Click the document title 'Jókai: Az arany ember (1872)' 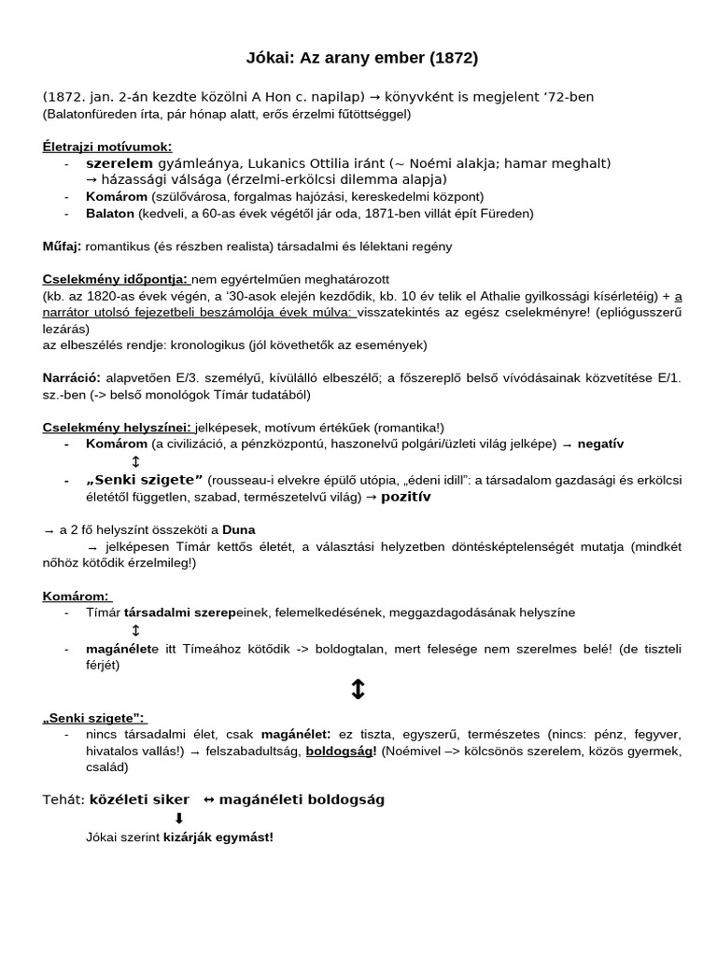(x=358, y=58)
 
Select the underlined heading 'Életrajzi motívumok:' (x=107, y=147)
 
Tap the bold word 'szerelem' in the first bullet (x=119, y=163)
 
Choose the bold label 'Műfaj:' (x=63, y=246)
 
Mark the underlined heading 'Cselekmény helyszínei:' (x=118, y=427)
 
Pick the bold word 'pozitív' (x=405, y=497)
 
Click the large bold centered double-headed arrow (x=358, y=690)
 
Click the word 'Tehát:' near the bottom (x=63, y=799)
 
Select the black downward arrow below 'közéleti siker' (x=179, y=819)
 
